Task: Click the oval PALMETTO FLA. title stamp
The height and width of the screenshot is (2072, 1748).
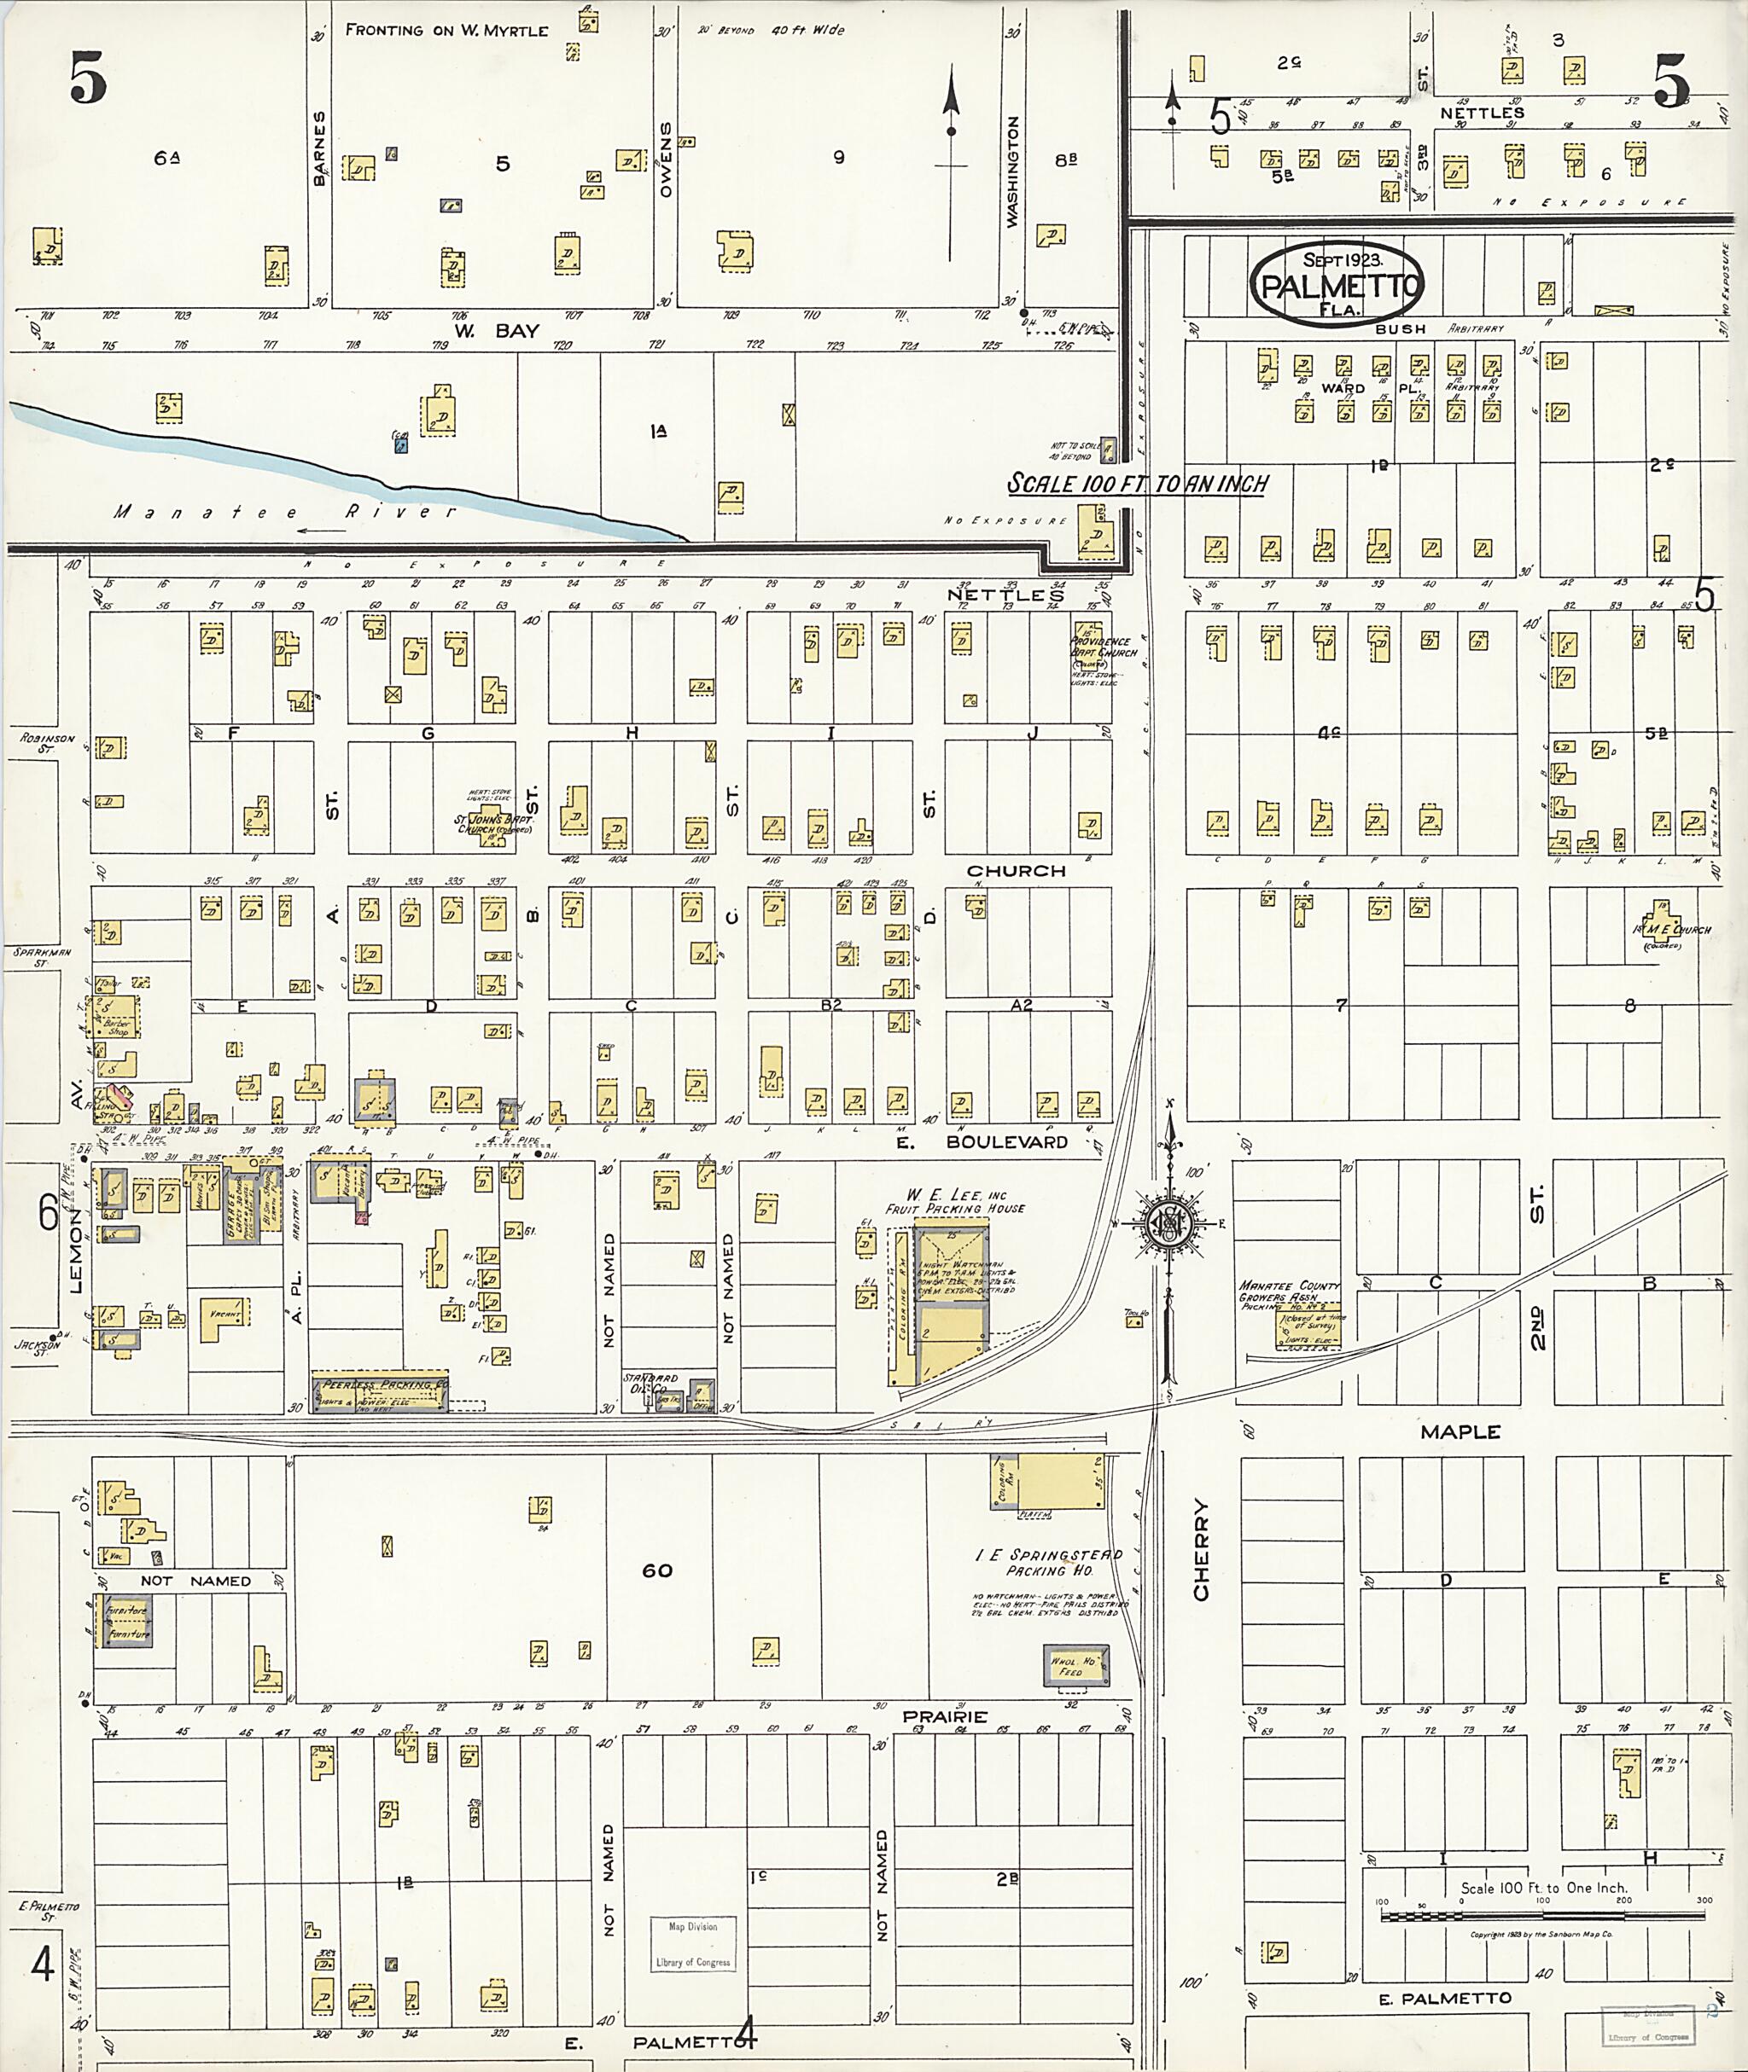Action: (1337, 283)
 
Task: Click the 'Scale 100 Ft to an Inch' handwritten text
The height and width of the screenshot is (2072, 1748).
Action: (1138, 484)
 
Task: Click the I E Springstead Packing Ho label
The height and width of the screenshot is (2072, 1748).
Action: (1048, 1562)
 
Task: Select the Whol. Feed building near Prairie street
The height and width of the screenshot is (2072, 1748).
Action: (1076, 1667)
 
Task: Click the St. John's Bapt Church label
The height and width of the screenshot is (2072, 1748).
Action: (492, 823)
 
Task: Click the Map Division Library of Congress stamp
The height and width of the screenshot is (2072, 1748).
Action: (693, 1943)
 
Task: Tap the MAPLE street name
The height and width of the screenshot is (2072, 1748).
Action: (1460, 1432)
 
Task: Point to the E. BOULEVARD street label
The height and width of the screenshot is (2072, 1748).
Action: (993, 1141)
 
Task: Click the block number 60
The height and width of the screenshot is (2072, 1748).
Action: (657, 1570)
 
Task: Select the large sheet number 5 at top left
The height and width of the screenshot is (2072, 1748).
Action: (87, 79)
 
